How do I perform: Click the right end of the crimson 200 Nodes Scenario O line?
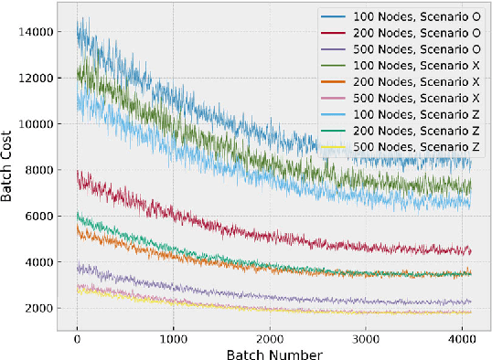471,249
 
